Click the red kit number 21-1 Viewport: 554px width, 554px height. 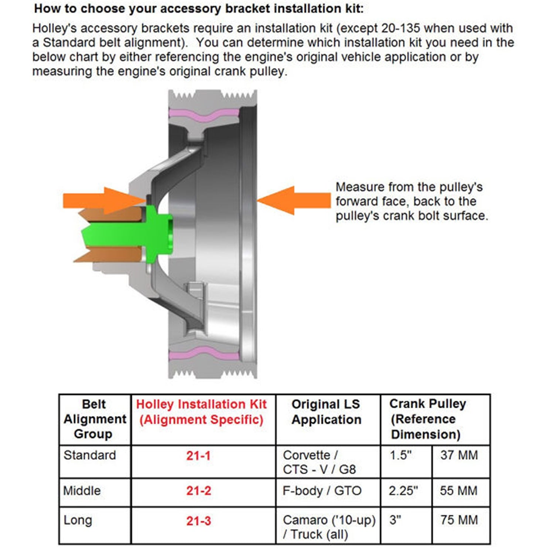tap(198, 456)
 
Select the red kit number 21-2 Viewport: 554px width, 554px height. tap(198, 491)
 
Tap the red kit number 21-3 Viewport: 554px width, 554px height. tap(198, 521)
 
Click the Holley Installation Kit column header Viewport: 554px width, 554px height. tap(201, 412)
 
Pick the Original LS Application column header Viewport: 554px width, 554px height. tap(326, 412)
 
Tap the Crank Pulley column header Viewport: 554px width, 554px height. tap(427, 419)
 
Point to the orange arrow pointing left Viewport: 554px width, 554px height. tap(294, 201)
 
